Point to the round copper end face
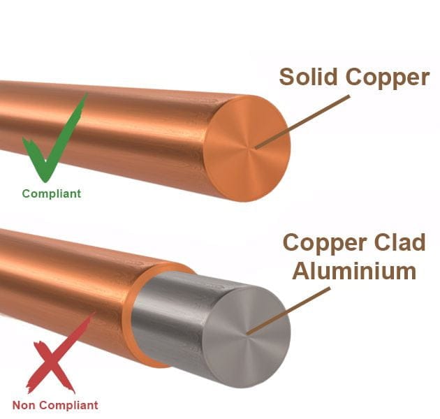pos(249,149)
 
